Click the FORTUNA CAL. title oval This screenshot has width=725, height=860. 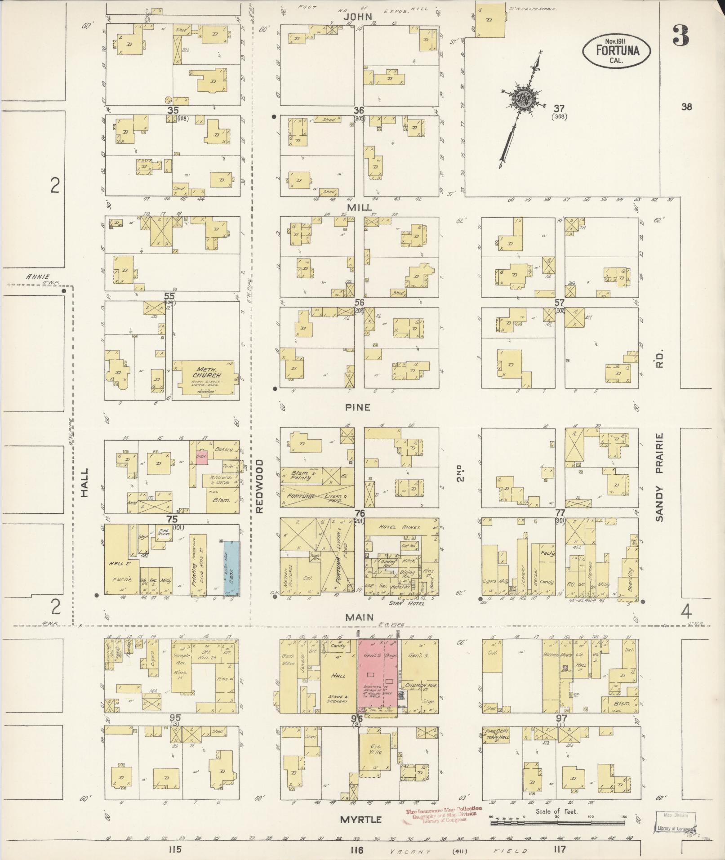coord(617,50)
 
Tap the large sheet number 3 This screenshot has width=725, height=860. coord(681,36)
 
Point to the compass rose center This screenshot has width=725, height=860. coord(523,97)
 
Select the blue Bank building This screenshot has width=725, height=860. coord(231,568)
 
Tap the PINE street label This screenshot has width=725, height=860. coord(358,407)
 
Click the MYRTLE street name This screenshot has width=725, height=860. coord(360,820)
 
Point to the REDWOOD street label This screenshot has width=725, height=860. coord(259,486)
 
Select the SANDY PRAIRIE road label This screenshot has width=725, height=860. coord(659,477)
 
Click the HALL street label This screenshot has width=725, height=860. coord(84,483)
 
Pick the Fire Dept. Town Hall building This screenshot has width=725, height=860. coord(496,735)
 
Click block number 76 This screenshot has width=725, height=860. coord(359,513)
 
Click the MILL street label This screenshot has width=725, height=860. coord(360,207)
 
